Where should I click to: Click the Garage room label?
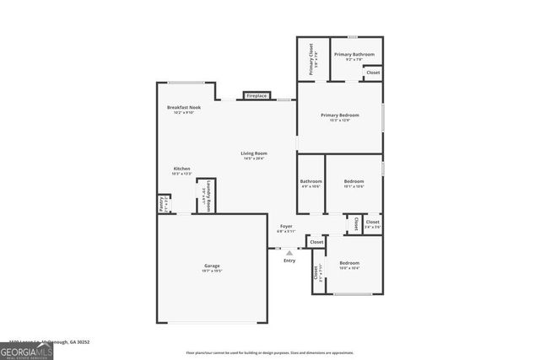[212, 266]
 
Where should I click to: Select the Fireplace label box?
[256, 96]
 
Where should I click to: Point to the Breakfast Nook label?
[184, 108]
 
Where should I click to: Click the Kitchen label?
[182, 169]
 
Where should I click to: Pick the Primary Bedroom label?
[339, 115]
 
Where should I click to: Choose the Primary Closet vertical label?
[310, 58]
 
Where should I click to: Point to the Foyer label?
[286, 226]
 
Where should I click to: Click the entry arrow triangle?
[289, 252]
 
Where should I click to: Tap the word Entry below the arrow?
[289, 261]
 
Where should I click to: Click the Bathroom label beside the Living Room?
[310, 181]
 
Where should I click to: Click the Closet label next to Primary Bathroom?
[373, 73]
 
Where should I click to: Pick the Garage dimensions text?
[212, 271]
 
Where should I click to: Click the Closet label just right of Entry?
[316, 242]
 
